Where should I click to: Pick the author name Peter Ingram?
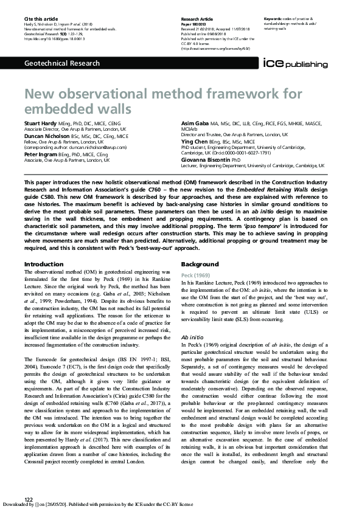41,155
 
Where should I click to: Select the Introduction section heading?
43,264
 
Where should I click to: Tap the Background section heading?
200,264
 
